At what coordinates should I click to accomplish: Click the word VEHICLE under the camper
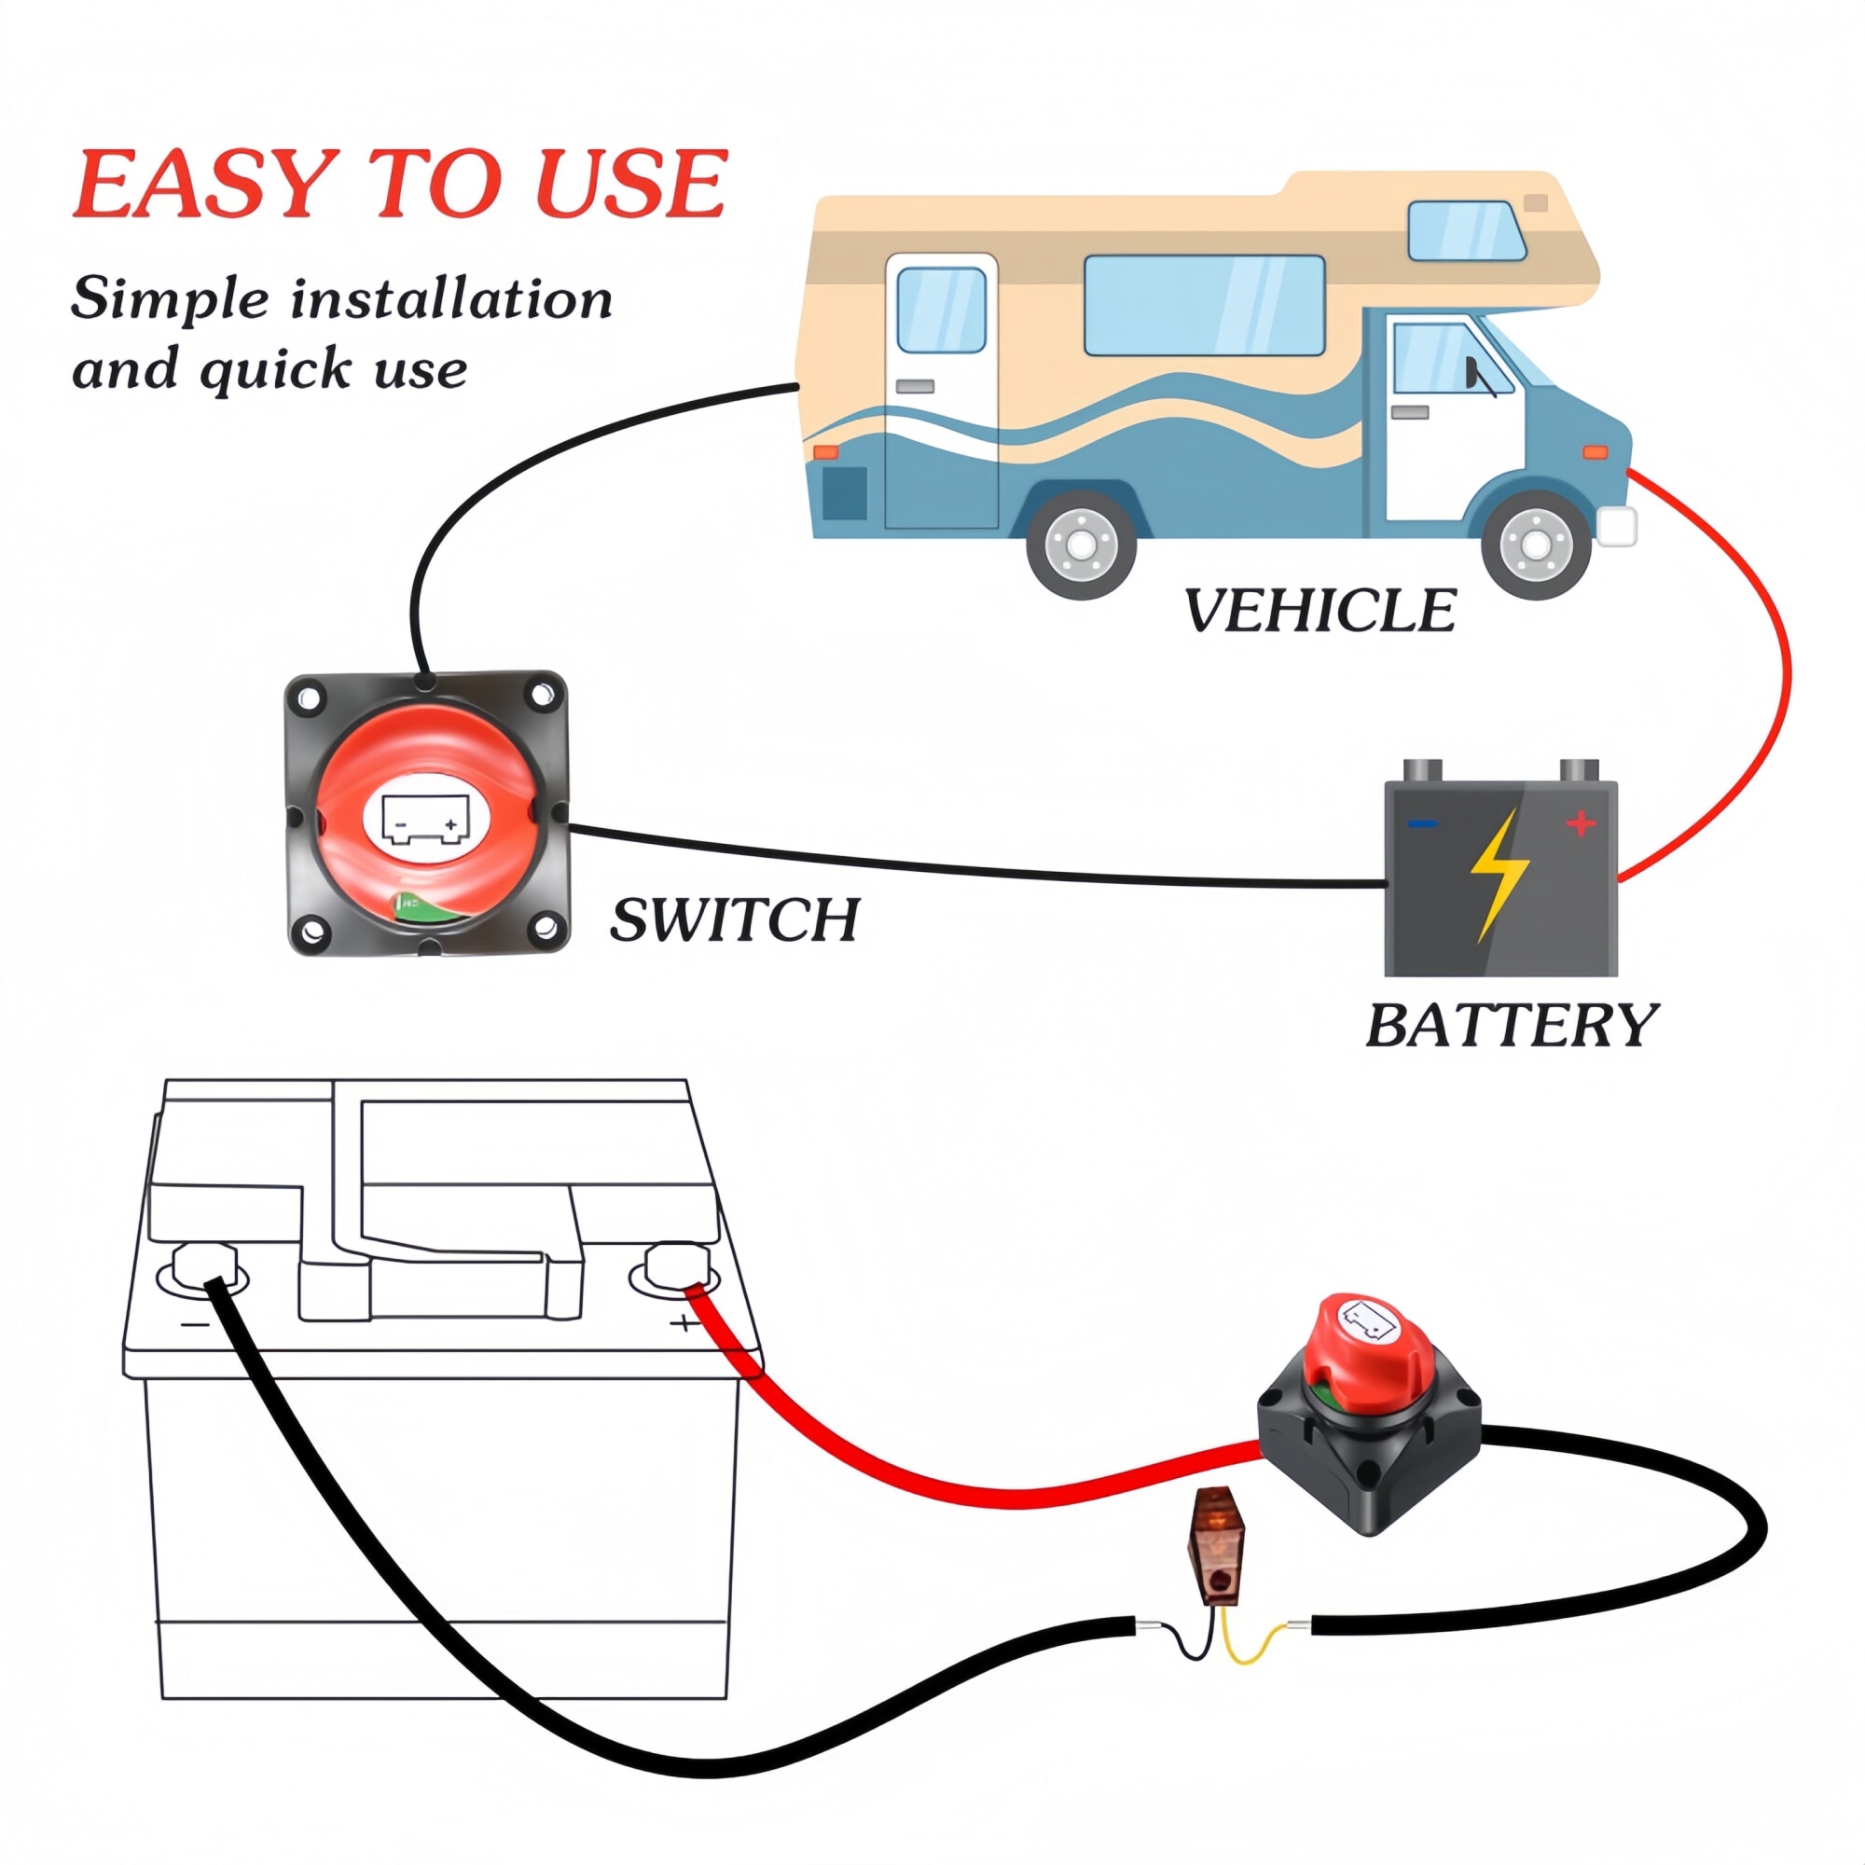[1319, 611]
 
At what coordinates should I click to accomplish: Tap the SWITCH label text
[735, 919]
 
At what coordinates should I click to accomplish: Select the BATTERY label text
[1511, 1025]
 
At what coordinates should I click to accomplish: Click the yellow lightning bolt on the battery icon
[1499, 874]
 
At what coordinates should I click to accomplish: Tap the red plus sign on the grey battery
[1581, 823]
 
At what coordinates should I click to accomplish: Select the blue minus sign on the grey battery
[1423, 823]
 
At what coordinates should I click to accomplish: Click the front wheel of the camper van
[1535, 546]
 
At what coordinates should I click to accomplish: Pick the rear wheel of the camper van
[1081, 546]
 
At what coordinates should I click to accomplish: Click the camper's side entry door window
[940, 310]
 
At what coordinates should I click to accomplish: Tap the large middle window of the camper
[1204, 305]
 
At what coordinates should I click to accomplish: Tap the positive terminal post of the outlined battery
[676, 1264]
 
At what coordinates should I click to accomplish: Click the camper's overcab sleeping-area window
[1465, 230]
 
